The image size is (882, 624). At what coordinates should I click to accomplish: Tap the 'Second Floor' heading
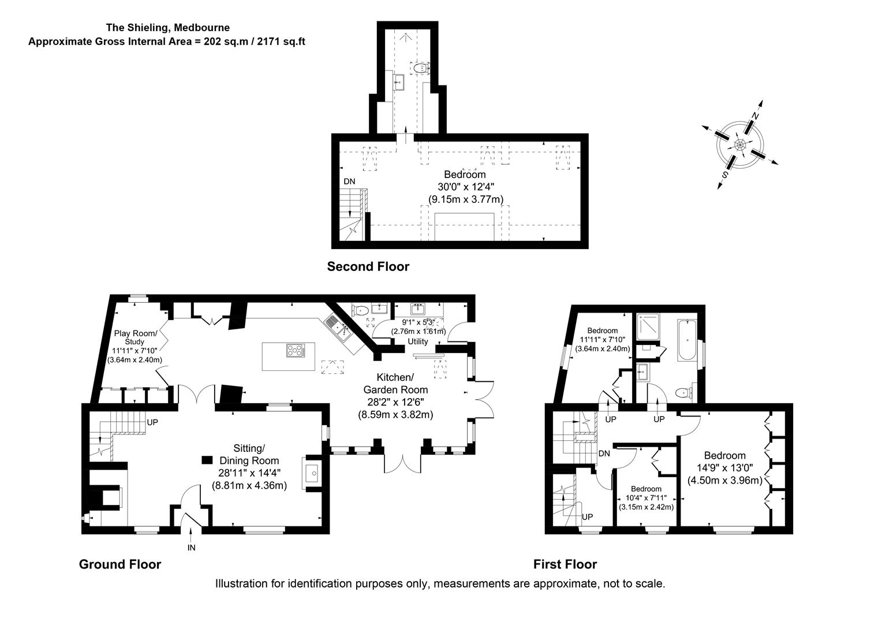368,266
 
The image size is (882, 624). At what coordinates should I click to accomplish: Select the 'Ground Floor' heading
120,564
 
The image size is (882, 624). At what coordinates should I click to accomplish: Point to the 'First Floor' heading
565,564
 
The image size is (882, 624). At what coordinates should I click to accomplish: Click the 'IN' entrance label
191,547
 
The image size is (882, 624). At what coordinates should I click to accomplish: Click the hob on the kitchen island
295,350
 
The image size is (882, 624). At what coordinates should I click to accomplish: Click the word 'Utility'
418,341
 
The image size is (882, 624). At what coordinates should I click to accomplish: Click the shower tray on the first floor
648,328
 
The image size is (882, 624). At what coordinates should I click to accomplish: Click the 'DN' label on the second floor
349,181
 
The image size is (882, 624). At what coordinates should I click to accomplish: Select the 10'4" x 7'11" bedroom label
646,497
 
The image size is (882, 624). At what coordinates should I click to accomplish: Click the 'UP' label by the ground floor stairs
152,422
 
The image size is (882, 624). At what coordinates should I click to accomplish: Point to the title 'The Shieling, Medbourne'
167,27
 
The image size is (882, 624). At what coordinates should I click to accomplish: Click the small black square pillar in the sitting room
207,460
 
